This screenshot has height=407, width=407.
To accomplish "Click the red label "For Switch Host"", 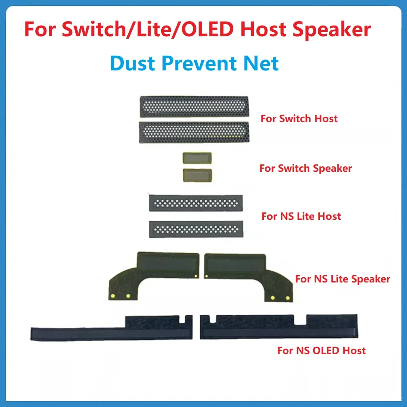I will [299, 119].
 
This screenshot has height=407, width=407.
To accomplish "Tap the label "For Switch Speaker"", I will [306, 168].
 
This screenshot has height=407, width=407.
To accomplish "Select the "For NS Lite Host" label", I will [301, 216].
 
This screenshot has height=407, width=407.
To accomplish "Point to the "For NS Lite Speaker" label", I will [343, 279].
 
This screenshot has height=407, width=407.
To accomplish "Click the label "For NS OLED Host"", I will [322, 350].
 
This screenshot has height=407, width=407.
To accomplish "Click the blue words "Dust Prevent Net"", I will [195, 63].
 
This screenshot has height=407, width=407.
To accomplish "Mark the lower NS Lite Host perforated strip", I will [196, 229].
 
